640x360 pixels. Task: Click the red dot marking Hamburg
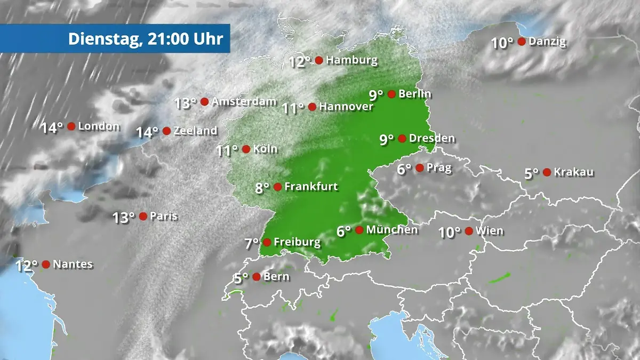(319, 60)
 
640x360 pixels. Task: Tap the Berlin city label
(415, 94)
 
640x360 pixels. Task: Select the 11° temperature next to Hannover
(293, 108)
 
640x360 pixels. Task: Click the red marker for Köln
(246, 149)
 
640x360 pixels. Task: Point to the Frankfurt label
(311, 187)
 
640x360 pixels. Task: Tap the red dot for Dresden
(402, 139)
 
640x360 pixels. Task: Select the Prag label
(439, 168)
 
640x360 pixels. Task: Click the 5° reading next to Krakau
(532, 174)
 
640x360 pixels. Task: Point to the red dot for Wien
(469, 231)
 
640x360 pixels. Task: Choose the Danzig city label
(547, 42)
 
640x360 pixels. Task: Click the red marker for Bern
(257, 277)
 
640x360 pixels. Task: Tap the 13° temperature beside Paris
(124, 218)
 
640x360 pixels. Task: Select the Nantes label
(73, 264)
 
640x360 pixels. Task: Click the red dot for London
(71, 126)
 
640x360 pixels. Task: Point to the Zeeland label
(196, 131)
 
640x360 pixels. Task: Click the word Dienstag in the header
(100, 39)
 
